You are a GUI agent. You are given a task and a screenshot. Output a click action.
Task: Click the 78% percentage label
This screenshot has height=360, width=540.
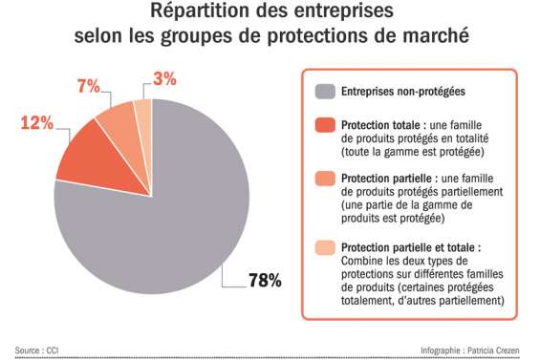264,281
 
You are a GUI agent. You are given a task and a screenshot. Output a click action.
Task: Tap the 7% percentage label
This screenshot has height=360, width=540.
88,86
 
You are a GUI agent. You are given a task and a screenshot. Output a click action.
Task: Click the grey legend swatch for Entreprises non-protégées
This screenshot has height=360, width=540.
325,93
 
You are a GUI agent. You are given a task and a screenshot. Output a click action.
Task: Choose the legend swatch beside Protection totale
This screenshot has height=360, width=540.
325,126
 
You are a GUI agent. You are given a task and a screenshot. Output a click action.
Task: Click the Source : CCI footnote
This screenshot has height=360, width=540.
36,349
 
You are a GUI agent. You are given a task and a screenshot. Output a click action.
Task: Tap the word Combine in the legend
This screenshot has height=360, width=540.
362,261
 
